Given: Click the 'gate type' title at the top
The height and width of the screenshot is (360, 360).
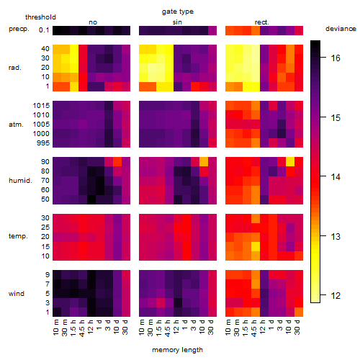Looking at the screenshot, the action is click(178, 12).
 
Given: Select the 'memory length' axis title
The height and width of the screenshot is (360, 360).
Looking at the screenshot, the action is click(177, 350).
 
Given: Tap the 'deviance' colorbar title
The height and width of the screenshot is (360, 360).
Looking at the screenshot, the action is click(341, 29).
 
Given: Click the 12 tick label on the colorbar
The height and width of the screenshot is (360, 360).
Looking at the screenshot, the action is click(336, 295).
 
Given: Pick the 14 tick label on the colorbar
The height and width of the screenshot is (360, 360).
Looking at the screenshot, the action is click(336, 177).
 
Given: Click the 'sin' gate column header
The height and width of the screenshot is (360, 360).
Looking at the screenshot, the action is click(177, 22).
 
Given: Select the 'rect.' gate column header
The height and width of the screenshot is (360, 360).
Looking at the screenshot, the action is click(261, 22).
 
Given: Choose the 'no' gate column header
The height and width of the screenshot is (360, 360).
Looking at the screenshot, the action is click(93, 22).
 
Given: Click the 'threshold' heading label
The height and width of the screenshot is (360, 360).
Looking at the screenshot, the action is click(40, 17).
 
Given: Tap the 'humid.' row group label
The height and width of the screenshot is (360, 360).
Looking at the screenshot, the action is click(20, 181).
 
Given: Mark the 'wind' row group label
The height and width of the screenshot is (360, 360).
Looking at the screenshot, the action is click(17, 294).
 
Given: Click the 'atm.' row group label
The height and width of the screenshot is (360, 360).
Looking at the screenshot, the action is click(16, 125).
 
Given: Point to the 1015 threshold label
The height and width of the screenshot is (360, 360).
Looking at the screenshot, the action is click(41, 106).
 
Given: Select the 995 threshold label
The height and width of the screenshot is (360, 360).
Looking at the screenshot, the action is click(43, 143).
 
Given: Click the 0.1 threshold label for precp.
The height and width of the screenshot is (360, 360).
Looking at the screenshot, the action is click(44, 30).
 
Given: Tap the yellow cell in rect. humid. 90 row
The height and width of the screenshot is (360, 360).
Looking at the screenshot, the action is click(290, 162).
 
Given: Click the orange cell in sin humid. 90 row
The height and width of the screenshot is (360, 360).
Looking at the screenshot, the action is click(204, 162).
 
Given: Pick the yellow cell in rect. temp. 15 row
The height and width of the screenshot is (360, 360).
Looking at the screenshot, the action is click(256, 246).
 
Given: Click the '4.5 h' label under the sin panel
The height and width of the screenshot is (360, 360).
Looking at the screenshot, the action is click(168, 328).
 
